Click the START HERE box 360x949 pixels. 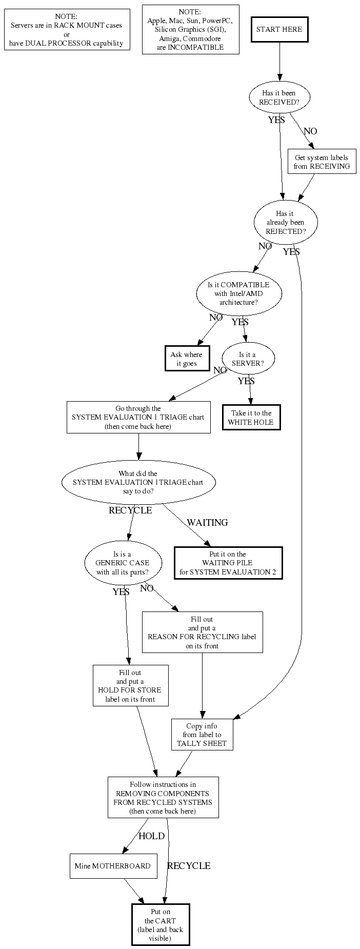pyautogui.click(x=279, y=29)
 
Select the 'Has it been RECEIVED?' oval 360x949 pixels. pyautogui.click(x=279, y=97)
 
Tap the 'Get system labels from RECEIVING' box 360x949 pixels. pyautogui.click(x=322, y=162)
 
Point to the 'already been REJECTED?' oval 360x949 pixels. pyautogui.click(x=286, y=222)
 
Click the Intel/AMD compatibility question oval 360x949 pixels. pyautogui.click(x=238, y=293)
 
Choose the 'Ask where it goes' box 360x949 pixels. pyautogui.click(x=187, y=359)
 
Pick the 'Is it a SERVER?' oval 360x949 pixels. pyautogui.click(x=248, y=359)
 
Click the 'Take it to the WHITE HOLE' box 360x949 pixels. pyautogui.click(x=251, y=418)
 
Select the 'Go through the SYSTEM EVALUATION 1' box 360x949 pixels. pyautogui.click(x=138, y=417)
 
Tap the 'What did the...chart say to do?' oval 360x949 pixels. pyautogui.click(x=138, y=482)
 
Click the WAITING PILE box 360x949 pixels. pyautogui.click(x=228, y=563)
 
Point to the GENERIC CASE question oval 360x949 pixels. pyautogui.click(x=123, y=563)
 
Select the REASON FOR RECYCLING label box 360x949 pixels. pyautogui.click(x=202, y=632)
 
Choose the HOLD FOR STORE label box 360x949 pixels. pyautogui.click(x=130, y=685)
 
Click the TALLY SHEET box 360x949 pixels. pyautogui.click(x=202, y=735)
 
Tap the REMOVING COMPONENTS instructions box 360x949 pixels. pyautogui.click(x=163, y=797)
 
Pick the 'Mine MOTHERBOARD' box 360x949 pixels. pyautogui.click(x=113, y=866)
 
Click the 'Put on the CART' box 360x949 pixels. pyautogui.click(x=161, y=924)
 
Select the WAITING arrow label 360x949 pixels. pyautogui.click(x=207, y=523)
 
